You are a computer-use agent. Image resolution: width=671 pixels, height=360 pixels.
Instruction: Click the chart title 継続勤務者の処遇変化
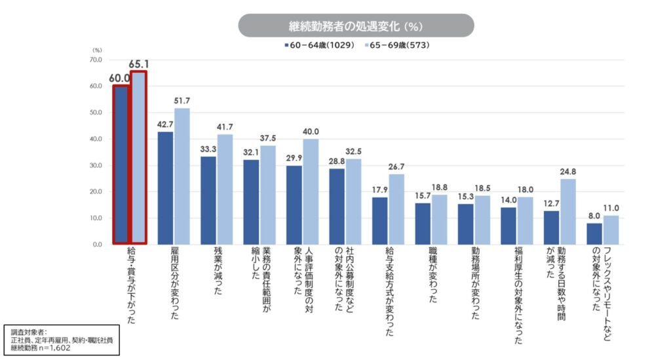[x=355, y=26]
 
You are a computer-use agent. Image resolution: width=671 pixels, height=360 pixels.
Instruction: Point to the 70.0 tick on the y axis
[x=96, y=60]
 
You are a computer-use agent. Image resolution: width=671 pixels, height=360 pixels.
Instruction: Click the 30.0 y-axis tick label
[x=96, y=165]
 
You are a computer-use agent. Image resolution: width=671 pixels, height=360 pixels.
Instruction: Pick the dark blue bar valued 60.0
[x=121, y=164]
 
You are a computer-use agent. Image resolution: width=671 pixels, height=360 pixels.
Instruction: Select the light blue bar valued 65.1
[x=138, y=157]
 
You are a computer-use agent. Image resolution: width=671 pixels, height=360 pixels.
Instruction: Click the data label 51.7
[x=182, y=101]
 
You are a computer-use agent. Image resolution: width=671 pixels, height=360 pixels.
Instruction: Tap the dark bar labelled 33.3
[x=208, y=200]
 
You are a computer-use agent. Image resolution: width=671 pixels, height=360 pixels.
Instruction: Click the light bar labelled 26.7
[x=396, y=209]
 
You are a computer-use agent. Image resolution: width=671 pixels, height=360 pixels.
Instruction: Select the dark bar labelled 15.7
[x=422, y=224]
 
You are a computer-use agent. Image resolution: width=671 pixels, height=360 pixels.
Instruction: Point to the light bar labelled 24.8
[x=567, y=211]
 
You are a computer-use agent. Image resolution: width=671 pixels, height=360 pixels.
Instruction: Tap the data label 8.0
[x=594, y=216]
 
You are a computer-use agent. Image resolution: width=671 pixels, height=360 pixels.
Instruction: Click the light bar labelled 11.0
[x=611, y=230]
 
